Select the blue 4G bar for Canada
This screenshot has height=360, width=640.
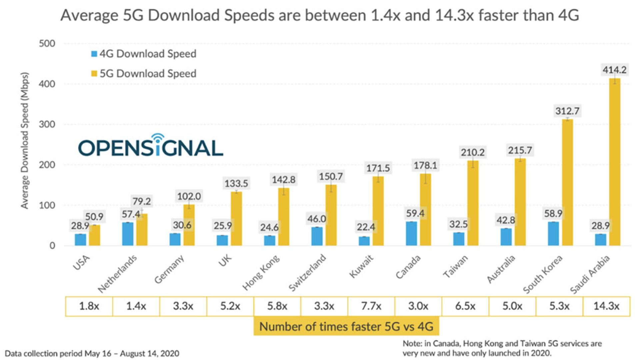(x=411, y=234)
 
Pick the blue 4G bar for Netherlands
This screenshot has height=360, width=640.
(x=128, y=234)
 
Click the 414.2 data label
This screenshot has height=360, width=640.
(x=614, y=70)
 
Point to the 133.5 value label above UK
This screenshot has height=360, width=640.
(x=236, y=183)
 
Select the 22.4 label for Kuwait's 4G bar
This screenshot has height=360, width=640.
(x=366, y=227)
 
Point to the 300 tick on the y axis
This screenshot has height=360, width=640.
(x=47, y=124)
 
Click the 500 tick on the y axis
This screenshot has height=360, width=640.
(x=47, y=44)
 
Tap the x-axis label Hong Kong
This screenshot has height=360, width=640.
(x=261, y=273)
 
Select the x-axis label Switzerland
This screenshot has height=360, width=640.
(x=307, y=272)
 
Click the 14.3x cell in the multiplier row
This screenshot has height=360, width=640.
(x=606, y=306)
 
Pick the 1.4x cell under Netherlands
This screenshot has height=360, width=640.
(x=136, y=306)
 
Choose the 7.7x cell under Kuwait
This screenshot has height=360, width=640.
(x=371, y=306)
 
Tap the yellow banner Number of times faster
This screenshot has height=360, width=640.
(x=346, y=326)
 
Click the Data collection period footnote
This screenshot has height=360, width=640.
(x=92, y=353)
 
